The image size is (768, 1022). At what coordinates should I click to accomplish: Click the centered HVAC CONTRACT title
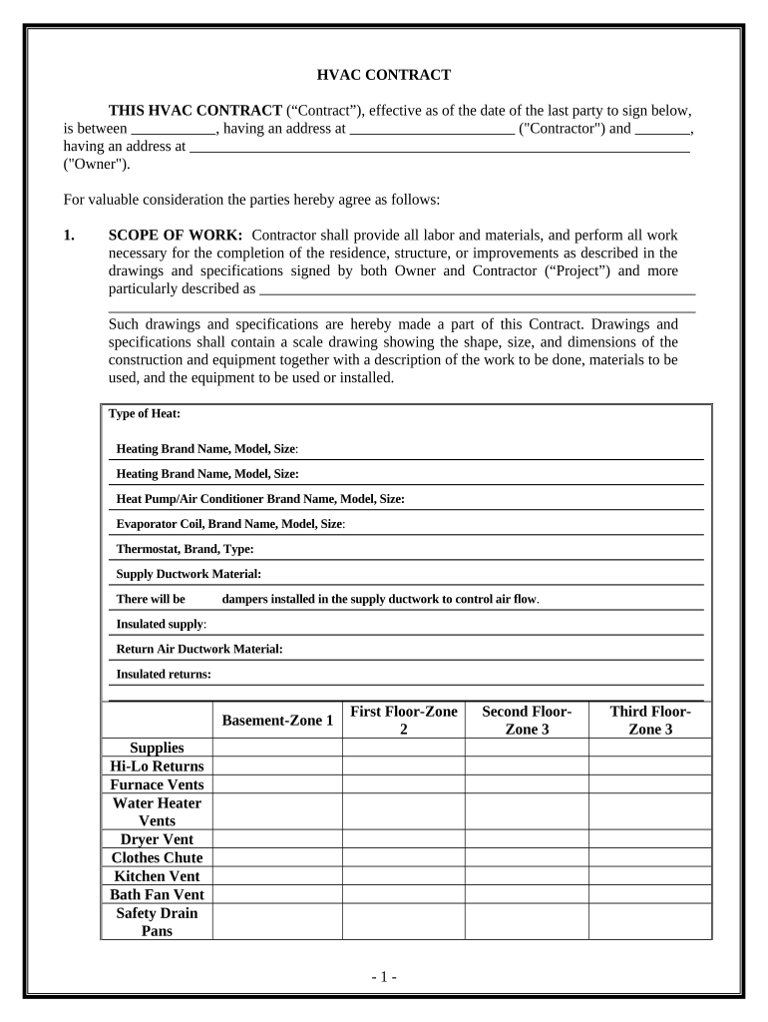[383, 75]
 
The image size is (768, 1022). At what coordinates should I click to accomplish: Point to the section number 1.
[69, 236]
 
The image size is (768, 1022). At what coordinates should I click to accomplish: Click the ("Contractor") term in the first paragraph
[562, 129]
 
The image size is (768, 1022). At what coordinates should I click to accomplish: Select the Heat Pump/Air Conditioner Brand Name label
[259, 499]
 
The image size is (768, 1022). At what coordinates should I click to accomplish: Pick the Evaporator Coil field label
[230, 524]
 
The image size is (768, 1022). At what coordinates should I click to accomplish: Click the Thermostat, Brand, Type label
[185, 549]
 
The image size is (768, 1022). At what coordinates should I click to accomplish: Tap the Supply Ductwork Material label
[189, 574]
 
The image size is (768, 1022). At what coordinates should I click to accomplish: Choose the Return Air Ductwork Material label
[199, 649]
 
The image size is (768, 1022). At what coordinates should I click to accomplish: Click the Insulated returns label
[164, 674]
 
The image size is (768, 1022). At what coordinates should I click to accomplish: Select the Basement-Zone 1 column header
[277, 721]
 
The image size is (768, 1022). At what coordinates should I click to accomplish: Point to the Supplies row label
[157, 748]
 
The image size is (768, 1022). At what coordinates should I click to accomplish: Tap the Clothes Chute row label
[157, 858]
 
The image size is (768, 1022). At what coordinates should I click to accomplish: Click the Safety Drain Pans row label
[157, 922]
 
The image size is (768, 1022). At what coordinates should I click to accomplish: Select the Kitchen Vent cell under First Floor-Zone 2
[404, 876]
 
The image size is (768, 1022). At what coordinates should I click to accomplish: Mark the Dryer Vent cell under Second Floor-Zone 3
[527, 839]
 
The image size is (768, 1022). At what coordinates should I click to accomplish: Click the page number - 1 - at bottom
[383, 977]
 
